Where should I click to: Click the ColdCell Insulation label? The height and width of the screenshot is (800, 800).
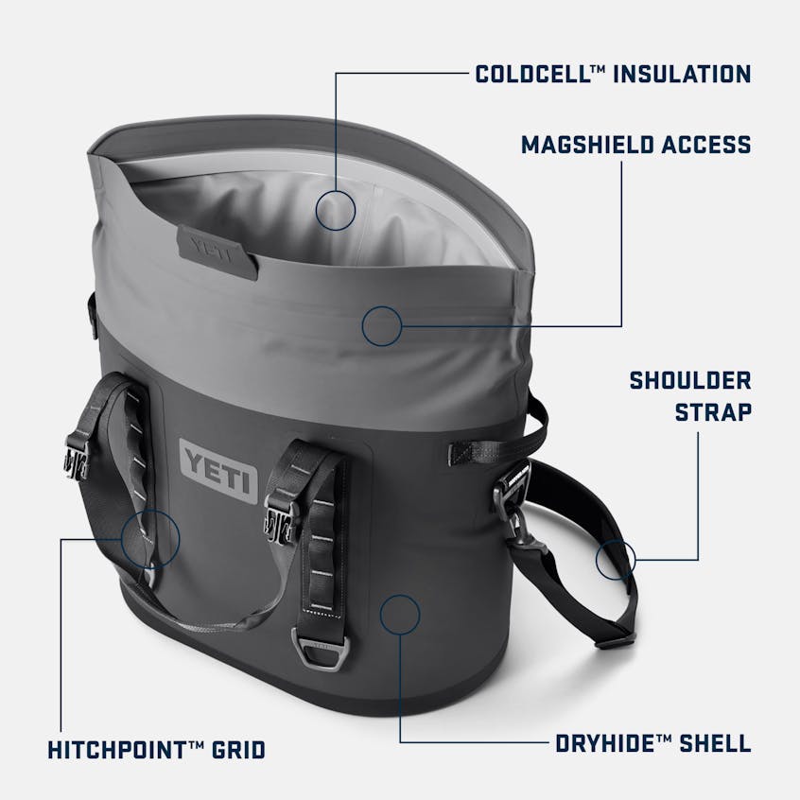[614, 73]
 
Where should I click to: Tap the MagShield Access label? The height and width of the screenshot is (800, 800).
[635, 144]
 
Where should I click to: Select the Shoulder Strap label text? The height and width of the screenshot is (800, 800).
[690, 395]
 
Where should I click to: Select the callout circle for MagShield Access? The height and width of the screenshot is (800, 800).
[382, 326]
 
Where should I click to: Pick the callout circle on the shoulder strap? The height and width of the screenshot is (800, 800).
[616, 560]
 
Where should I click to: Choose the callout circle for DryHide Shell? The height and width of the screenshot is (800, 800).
[399, 615]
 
